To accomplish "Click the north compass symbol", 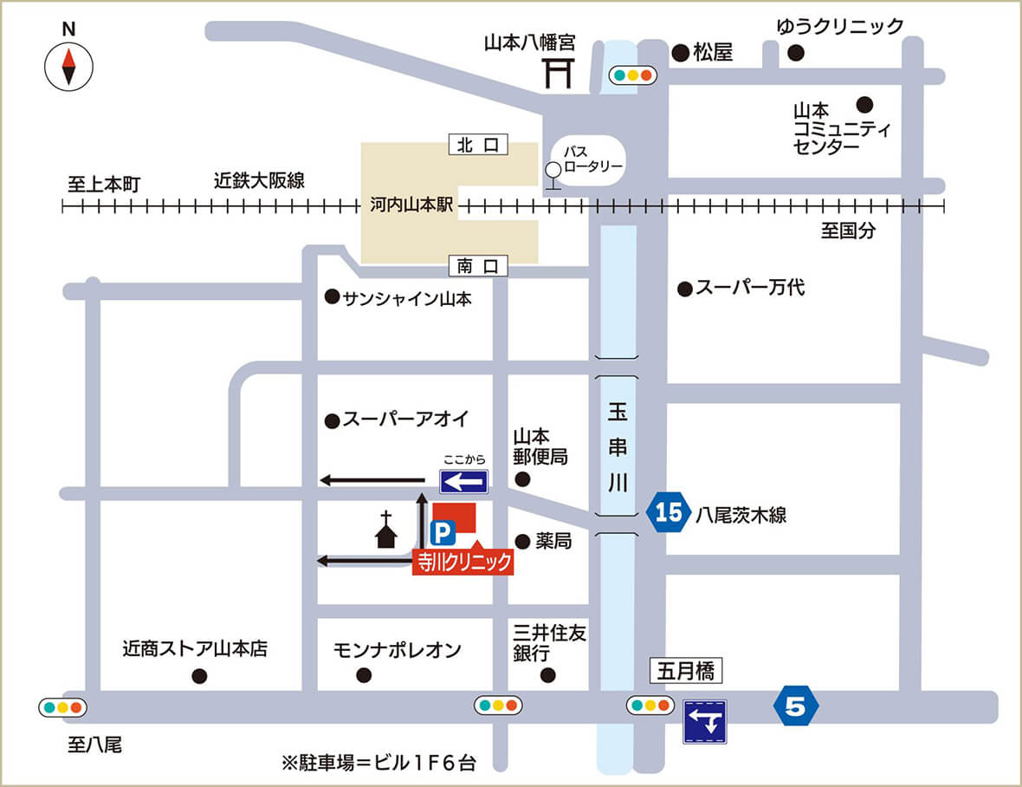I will (x=68, y=67).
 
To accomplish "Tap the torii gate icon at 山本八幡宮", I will (x=559, y=74).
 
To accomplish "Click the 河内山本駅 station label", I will (x=406, y=207).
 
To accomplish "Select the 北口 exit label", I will (x=478, y=145).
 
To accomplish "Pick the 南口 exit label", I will (x=478, y=266).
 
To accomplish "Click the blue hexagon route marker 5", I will (x=796, y=707).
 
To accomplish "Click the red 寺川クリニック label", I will (x=462, y=563).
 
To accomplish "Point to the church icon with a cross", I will (x=386, y=530).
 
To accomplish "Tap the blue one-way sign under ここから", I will (x=464, y=480).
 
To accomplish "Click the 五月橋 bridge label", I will (x=685, y=671).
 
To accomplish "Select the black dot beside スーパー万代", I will (x=684, y=289).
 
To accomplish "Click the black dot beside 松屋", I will (x=680, y=53).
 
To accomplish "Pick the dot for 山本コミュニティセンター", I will (x=864, y=105).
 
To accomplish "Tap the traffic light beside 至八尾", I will (x=64, y=707).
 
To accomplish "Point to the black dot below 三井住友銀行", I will (x=547, y=675).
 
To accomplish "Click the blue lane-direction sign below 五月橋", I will (x=706, y=721).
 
